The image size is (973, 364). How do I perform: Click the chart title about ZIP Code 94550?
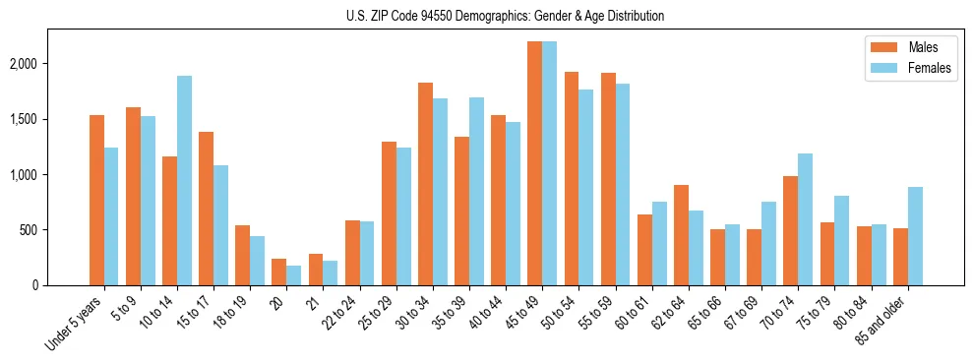click(505, 16)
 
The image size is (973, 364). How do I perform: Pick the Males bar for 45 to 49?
click(535, 163)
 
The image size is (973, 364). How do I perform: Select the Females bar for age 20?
click(293, 275)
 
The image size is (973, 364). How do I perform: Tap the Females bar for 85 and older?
click(915, 236)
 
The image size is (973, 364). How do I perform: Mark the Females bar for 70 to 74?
click(806, 219)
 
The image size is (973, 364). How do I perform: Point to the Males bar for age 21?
click(316, 270)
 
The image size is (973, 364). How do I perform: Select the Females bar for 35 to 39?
click(476, 191)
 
